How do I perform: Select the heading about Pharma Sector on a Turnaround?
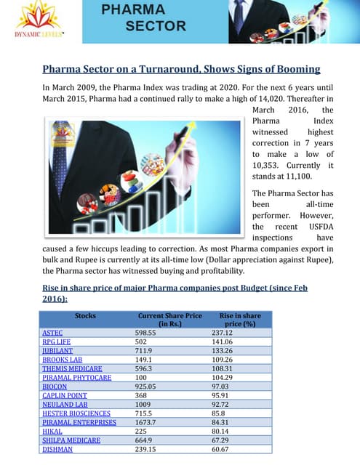click(x=181, y=69)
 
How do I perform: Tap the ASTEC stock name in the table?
click(x=53, y=332)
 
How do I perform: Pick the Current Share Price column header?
click(x=169, y=320)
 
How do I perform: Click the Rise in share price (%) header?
click(x=240, y=320)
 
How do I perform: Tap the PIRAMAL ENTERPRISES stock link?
click(x=79, y=422)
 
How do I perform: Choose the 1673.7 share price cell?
click(x=149, y=422)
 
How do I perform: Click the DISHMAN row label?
click(x=57, y=449)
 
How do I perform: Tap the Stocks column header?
click(x=85, y=315)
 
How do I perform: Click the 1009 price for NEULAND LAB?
click(x=145, y=404)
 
